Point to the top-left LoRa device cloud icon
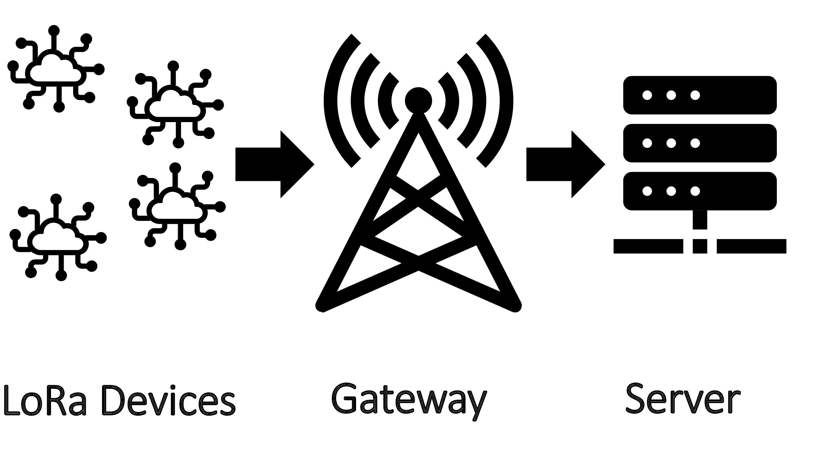pos(55,70)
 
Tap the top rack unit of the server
pos(700,95)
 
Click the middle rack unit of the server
pos(700,143)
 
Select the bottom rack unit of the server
pos(700,191)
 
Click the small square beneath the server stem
pos(700,246)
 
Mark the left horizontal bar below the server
pos(648,246)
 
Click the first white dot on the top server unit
pos(647,95)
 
